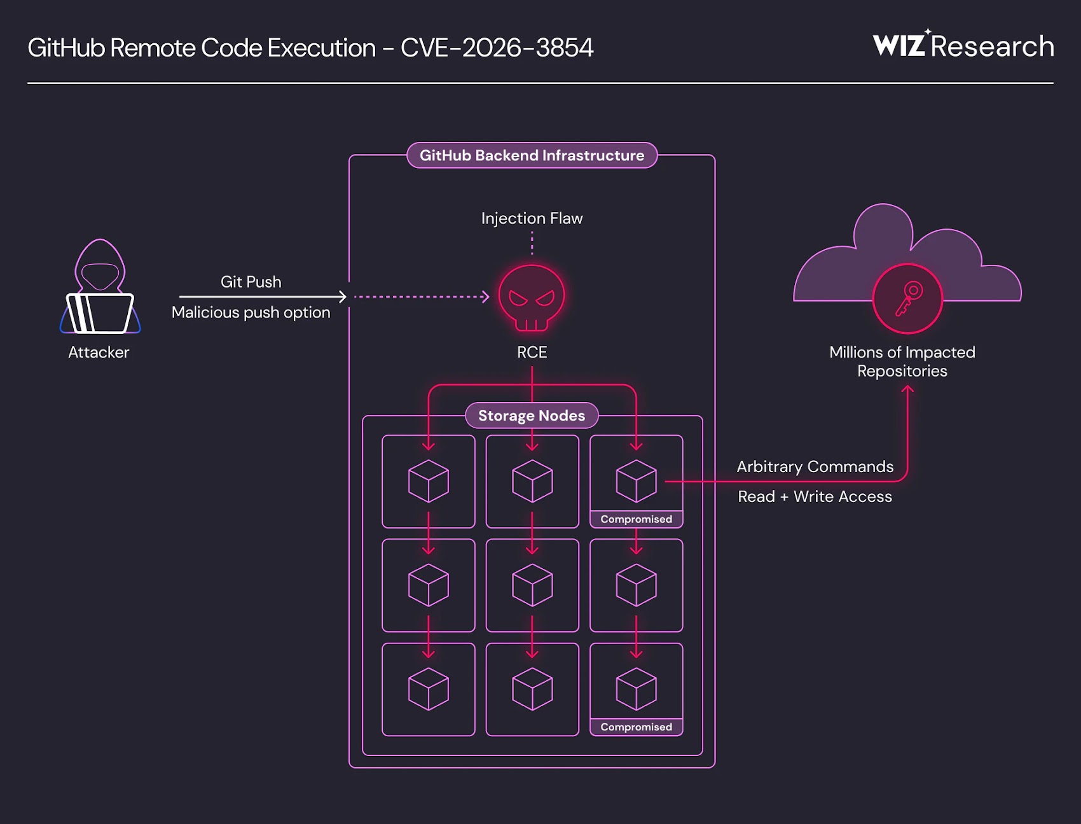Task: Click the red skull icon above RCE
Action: [532, 297]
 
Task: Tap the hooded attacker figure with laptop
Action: [100, 289]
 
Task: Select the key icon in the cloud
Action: [907, 298]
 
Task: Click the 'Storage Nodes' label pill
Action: [532, 415]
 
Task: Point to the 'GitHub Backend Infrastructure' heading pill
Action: [532, 155]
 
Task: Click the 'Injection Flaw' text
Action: [532, 218]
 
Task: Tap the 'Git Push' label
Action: [251, 282]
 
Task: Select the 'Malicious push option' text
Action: [251, 312]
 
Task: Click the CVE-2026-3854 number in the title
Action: [497, 48]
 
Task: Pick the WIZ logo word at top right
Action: [899, 46]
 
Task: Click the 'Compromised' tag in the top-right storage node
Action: [636, 519]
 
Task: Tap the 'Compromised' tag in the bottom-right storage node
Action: [636, 727]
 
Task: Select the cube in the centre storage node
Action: [532, 585]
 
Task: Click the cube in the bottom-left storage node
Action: [428, 689]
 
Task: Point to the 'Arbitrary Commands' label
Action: [815, 466]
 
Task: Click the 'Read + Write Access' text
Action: [815, 496]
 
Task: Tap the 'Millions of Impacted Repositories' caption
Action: [902, 361]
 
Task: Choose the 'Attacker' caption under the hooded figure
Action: [99, 353]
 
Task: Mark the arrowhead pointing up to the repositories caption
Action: [907, 389]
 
